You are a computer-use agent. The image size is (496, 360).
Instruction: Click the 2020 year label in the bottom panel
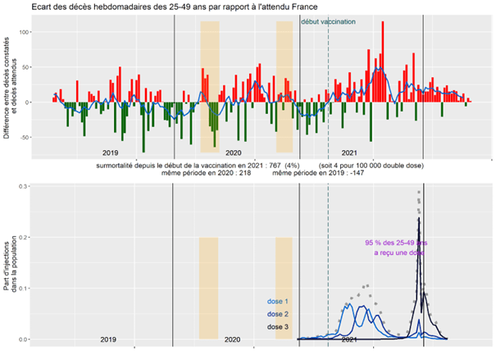[232, 339]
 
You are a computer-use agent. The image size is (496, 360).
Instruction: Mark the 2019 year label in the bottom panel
[107, 339]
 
